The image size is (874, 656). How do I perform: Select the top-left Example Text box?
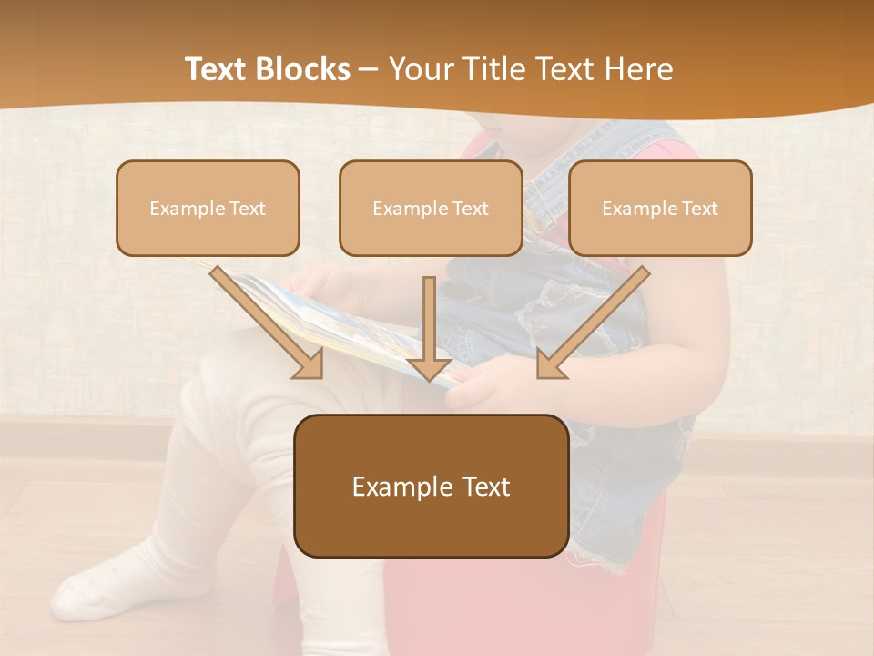click(x=208, y=208)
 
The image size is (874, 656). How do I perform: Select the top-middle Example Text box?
click(x=431, y=208)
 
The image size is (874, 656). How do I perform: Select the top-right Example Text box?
click(x=660, y=208)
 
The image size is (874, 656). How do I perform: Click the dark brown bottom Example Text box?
click(x=431, y=486)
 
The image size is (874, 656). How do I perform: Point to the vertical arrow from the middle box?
click(x=429, y=328)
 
